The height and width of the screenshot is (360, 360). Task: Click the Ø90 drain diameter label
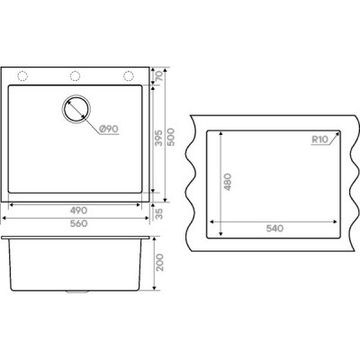coord(109,130)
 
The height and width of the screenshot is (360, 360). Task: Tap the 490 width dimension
coord(78,211)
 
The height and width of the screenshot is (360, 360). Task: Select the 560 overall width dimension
coord(78,223)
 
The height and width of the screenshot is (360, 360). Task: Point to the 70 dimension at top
coord(159,76)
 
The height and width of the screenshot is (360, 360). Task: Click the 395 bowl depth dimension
coord(159,138)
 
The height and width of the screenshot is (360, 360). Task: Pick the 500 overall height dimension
coord(171,137)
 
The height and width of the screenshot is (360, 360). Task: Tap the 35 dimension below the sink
coord(159,214)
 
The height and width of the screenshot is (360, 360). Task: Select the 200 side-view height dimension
coord(160,263)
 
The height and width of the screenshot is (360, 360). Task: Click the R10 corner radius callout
coord(320,139)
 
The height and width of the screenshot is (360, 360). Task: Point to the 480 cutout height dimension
coord(228,182)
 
